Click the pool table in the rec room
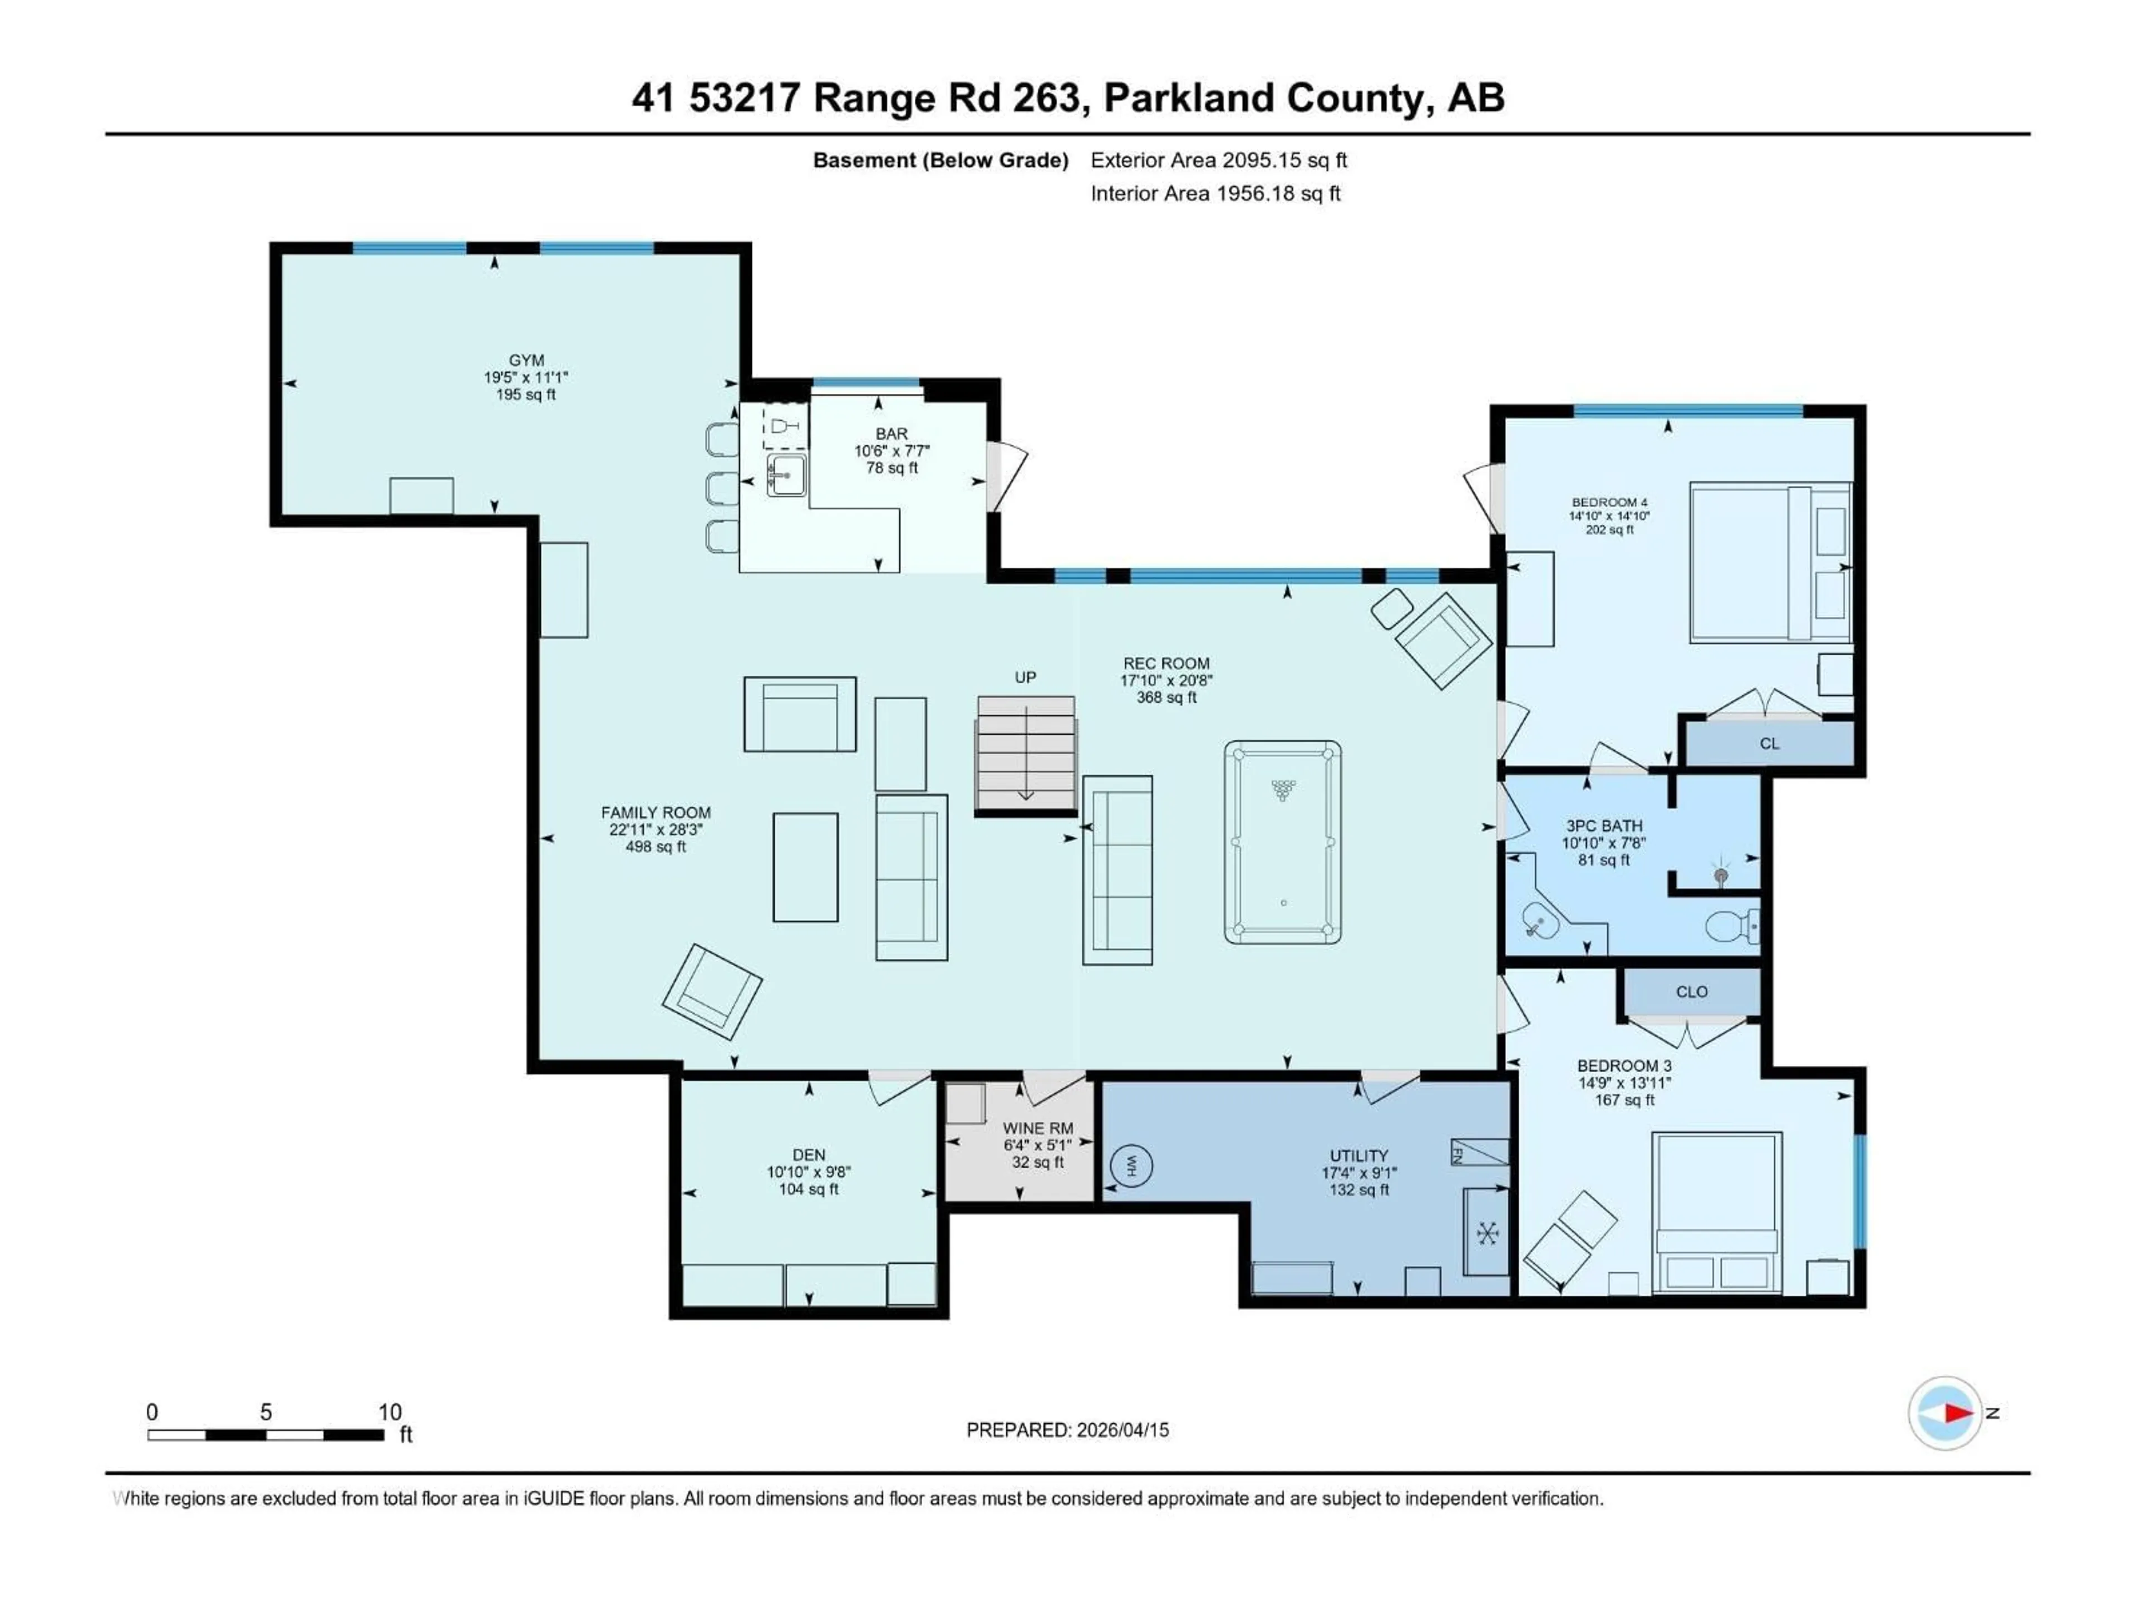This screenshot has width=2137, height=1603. (x=1282, y=843)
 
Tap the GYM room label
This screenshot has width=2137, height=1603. (x=526, y=361)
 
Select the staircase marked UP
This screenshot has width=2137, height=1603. (x=1026, y=754)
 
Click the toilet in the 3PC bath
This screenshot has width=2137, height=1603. (x=1731, y=928)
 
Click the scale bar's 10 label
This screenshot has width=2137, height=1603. (x=390, y=1412)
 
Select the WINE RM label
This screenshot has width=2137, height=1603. (x=1037, y=1128)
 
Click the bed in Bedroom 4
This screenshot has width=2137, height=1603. (x=1769, y=563)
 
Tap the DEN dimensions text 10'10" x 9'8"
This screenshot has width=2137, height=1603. (x=809, y=1172)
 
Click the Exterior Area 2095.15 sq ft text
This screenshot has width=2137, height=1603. (x=1218, y=160)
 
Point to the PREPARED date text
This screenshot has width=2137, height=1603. (x=1067, y=1430)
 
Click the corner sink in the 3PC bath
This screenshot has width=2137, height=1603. (x=1540, y=921)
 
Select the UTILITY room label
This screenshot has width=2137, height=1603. (x=1358, y=1155)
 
